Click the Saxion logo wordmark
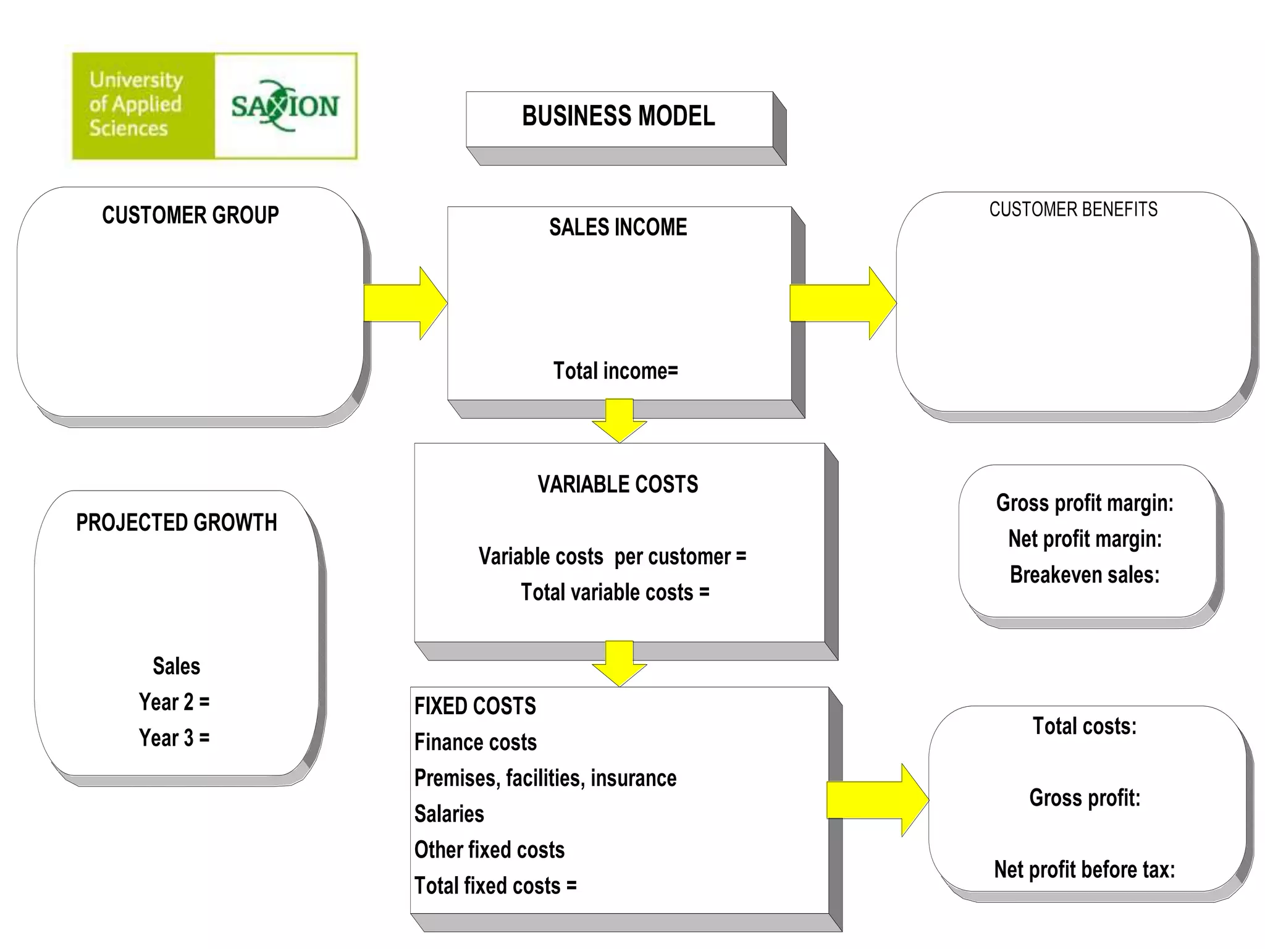(x=285, y=106)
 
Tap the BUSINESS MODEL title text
(x=618, y=116)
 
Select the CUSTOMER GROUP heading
(x=190, y=215)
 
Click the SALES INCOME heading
(x=618, y=227)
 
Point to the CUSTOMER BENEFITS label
(x=1073, y=209)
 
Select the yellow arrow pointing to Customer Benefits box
(x=842, y=303)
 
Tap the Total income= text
(x=615, y=371)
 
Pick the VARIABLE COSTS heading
(x=618, y=484)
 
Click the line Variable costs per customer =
(x=612, y=557)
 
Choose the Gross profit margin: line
(x=1084, y=503)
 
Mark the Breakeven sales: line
(x=1084, y=575)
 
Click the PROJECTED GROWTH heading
(x=177, y=523)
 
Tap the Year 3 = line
(x=174, y=738)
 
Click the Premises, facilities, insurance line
(x=545, y=778)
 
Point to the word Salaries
(x=449, y=814)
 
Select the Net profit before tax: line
(x=1084, y=869)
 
